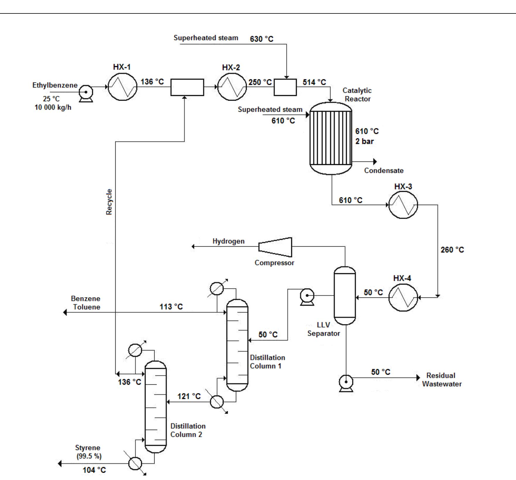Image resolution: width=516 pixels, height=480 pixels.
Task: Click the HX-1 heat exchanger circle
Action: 122,87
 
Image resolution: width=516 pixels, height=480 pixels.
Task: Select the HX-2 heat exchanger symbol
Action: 232,87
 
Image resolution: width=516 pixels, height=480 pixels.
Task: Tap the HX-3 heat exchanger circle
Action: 403,205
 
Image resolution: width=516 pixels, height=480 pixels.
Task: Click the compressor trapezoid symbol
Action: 275,247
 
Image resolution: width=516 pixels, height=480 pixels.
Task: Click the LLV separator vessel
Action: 345,295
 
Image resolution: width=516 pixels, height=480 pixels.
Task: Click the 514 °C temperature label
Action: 314,82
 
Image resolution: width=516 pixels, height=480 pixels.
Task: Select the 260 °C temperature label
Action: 452,250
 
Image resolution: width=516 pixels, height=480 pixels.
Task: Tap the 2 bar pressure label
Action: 364,141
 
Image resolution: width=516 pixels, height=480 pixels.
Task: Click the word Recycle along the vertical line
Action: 109,202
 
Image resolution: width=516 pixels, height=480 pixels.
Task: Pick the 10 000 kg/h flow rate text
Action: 53,107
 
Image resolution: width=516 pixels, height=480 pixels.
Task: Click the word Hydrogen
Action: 228,241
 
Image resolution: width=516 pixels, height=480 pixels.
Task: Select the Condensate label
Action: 384,171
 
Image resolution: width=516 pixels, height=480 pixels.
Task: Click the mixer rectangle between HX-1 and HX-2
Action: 187,87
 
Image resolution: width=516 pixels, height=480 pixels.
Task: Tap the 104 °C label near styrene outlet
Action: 94,470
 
